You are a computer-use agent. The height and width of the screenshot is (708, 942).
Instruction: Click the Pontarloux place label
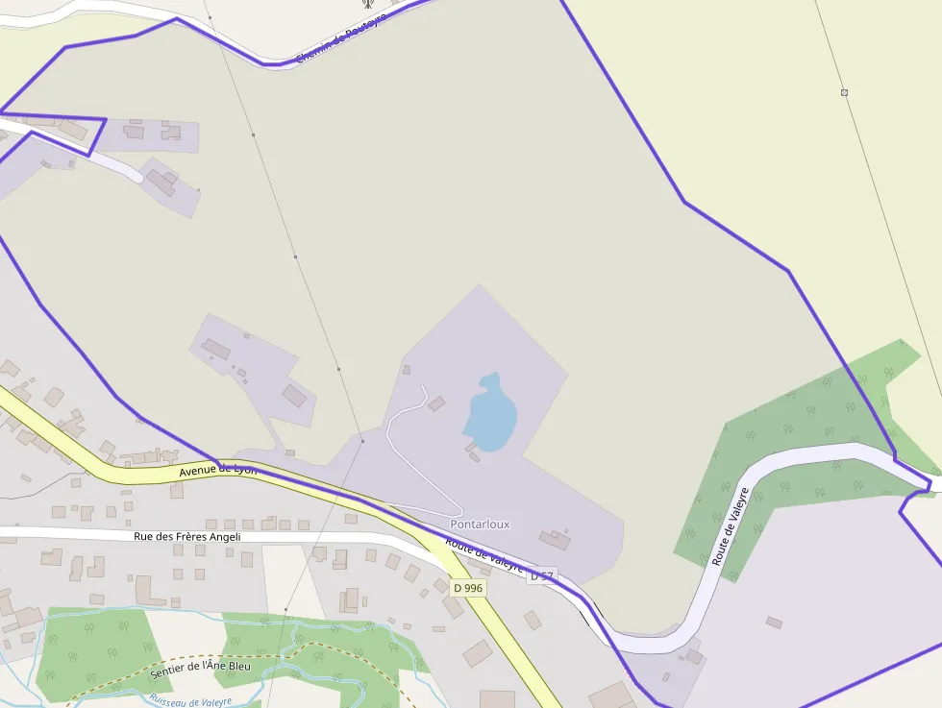[480, 525]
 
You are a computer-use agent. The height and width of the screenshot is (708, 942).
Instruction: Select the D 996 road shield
[468, 587]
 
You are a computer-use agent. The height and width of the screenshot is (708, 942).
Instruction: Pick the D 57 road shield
[542, 576]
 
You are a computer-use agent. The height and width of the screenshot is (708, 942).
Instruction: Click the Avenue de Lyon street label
[218, 470]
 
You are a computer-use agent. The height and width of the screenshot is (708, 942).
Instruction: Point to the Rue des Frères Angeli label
[186, 537]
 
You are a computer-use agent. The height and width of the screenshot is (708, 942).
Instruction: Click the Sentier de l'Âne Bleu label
[201, 664]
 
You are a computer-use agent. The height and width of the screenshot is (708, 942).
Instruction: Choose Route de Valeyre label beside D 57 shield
[484, 554]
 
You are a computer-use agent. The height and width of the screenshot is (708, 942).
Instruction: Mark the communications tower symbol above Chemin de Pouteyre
[366, 4]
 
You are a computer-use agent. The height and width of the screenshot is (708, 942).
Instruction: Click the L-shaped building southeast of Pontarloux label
[555, 540]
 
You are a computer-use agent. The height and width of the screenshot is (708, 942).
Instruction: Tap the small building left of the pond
[436, 403]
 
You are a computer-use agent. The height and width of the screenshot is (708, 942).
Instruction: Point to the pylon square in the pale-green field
[844, 92]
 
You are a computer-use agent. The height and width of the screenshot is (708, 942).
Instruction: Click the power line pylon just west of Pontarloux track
[362, 441]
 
